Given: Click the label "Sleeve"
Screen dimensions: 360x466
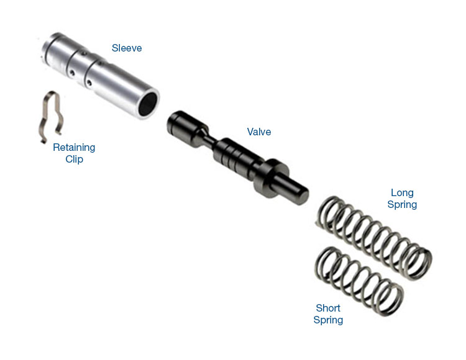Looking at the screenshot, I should [127, 48].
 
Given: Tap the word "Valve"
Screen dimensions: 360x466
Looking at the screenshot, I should [259, 132].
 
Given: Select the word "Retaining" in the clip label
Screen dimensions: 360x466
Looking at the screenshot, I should [74, 148].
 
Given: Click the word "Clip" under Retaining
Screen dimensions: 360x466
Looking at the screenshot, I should [74, 159].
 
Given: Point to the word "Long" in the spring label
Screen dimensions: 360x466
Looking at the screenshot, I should [402, 192].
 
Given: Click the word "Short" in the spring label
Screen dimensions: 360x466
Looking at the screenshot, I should [328, 308].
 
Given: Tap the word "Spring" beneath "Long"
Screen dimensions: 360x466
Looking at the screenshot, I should [402, 204].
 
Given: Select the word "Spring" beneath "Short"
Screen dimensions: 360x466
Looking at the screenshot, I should [328, 320].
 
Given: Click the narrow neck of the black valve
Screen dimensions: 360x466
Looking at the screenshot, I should [205, 138].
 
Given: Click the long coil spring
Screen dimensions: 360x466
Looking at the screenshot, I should [373, 233].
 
